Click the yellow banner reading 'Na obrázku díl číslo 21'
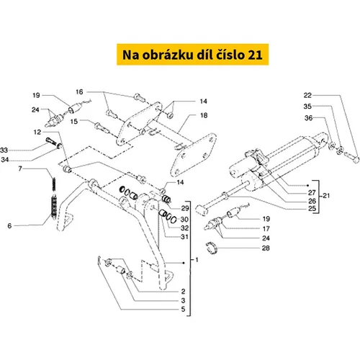click(192, 54)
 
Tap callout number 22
click(307, 95)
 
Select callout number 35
click(307, 106)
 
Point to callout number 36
click(308, 118)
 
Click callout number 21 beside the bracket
click(326, 196)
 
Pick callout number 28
click(266, 248)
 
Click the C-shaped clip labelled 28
click(212, 248)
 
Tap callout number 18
click(204, 115)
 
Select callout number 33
click(4, 150)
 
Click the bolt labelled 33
click(51, 141)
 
